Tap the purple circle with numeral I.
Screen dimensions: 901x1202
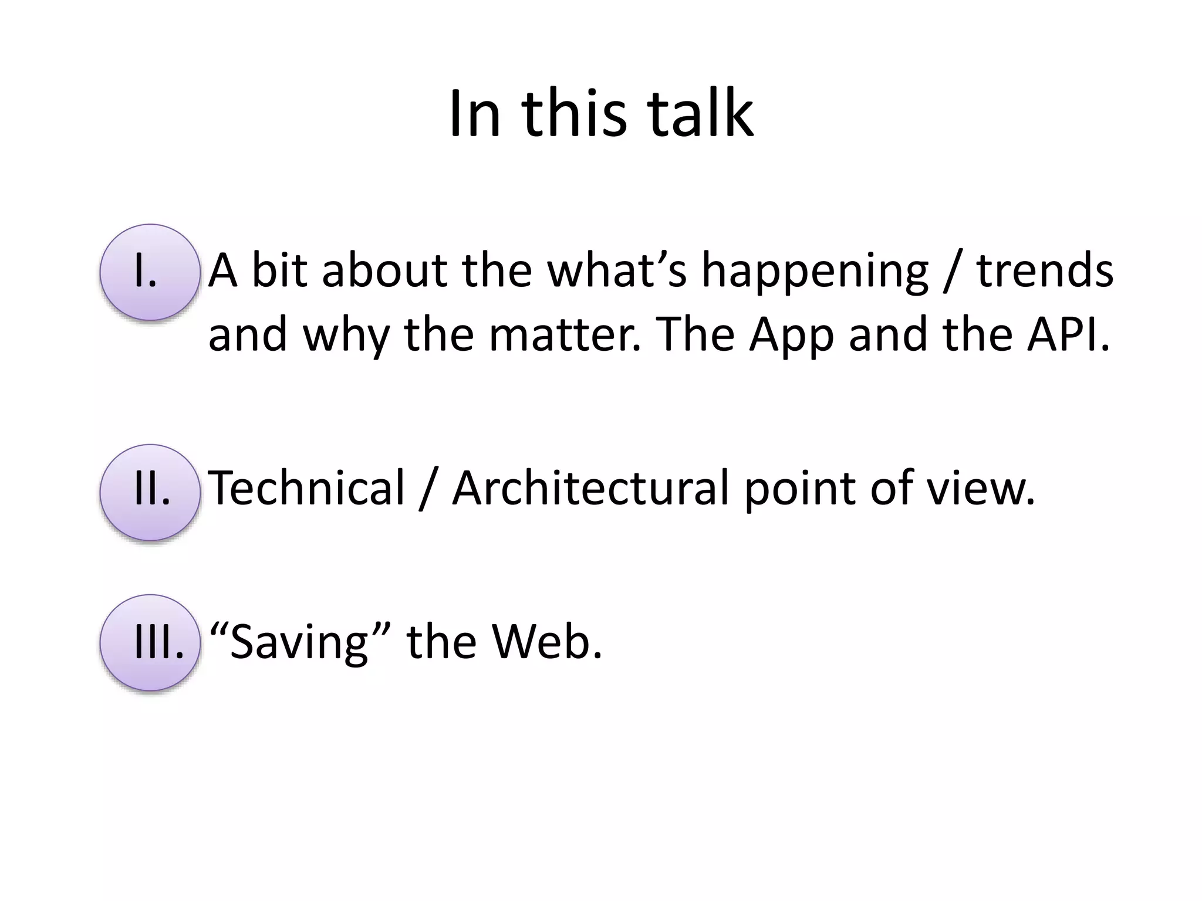(x=150, y=273)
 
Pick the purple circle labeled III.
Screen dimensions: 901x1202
(x=150, y=643)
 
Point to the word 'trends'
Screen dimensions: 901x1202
(x=1044, y=271)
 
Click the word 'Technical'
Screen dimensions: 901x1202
(x=306, y=487)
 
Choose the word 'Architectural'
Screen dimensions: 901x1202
(x=590, y=487)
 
